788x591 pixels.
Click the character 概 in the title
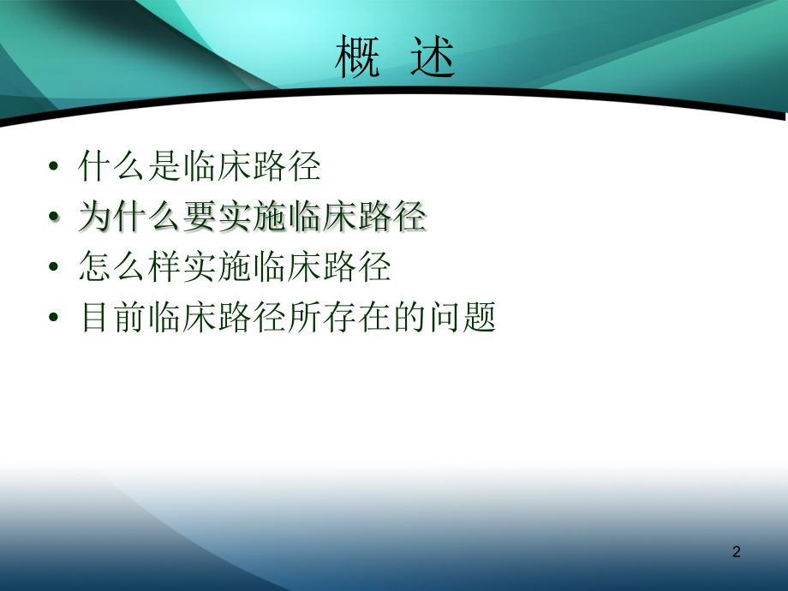click(357, 57)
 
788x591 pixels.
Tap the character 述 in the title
click(433, 57)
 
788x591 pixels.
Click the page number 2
click(737, 552)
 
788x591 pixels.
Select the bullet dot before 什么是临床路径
click(54, 166)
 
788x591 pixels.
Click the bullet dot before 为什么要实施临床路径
click(54, 216)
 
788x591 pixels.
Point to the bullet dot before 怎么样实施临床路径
click(54, 266)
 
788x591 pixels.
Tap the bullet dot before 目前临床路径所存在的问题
click(54, 317)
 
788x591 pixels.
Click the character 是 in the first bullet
click(164, 166)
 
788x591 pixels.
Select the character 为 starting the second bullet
click(95, 216)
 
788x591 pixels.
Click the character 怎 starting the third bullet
click(95, 266)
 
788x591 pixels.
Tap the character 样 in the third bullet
click(164, 266)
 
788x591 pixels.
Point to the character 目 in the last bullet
click(95, 317)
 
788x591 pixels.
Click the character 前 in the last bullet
click(129, 317)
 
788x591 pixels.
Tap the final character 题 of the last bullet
click(480, 317)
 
